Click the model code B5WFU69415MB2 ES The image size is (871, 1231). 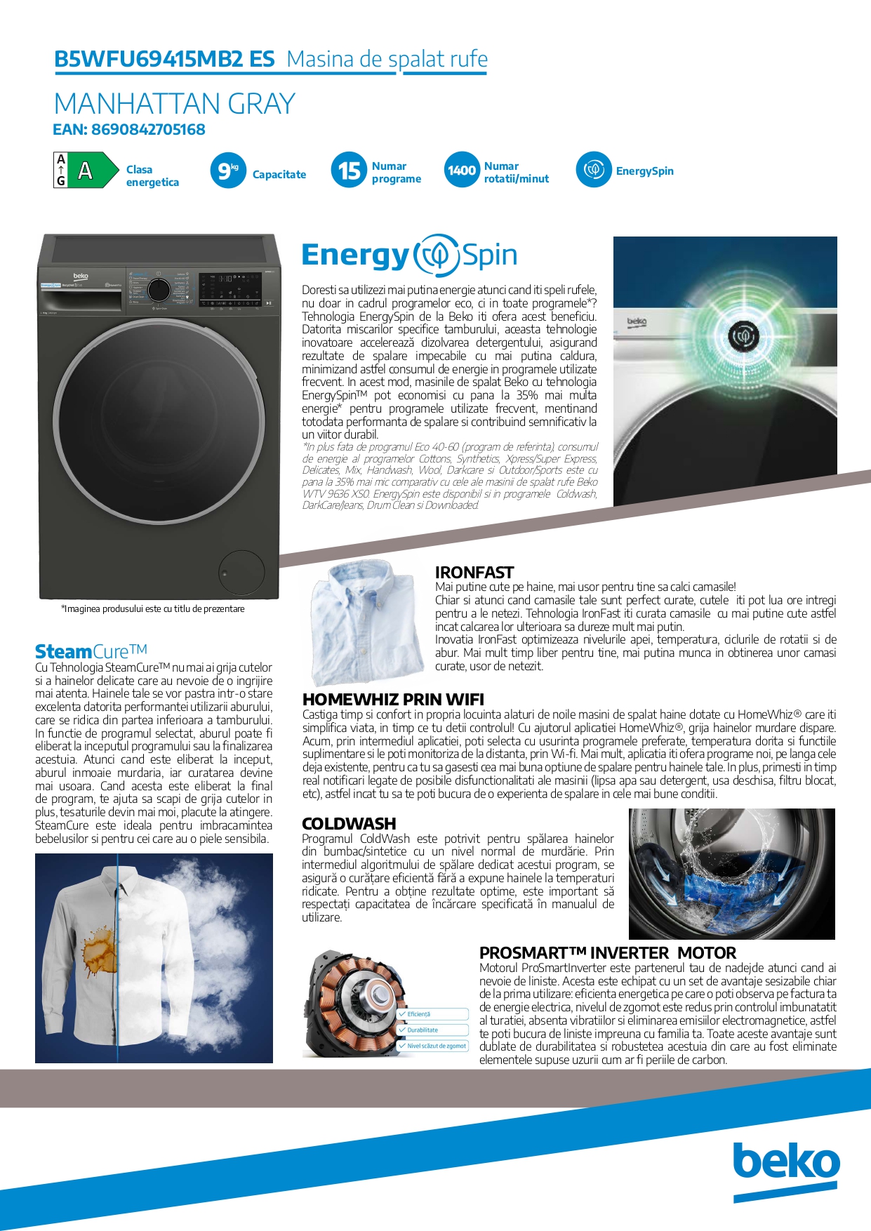164,60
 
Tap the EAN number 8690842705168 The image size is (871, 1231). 129,130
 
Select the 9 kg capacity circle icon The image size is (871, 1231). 227,171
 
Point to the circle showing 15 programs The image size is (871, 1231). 349,171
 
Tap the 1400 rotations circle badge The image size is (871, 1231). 461,171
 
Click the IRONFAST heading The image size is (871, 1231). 474,573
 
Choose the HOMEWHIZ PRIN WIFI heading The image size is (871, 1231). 393,700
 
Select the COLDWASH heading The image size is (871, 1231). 349,824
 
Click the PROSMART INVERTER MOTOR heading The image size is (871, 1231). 608,953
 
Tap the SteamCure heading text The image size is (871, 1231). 91,651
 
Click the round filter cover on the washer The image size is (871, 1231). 241,573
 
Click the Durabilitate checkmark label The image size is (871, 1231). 423,1030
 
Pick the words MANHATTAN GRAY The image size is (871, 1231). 175,104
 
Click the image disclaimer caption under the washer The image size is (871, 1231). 153,609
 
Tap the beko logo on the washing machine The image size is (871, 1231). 81,277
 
